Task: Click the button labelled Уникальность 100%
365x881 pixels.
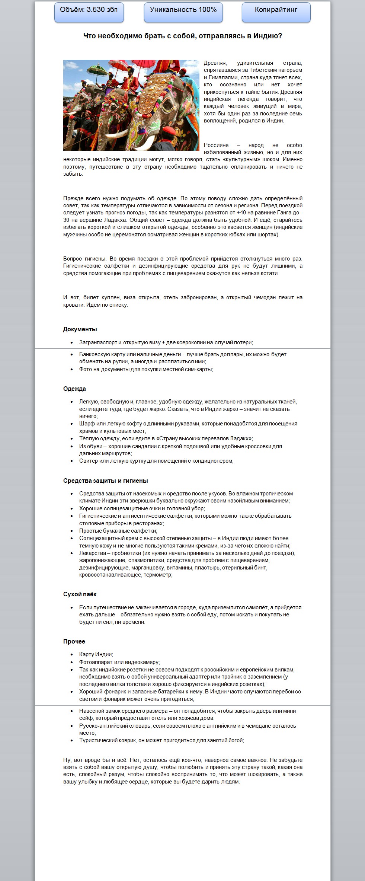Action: [x=183, y=10]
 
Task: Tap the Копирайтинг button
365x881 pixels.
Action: [x=276, y=10]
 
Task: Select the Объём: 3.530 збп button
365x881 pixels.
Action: [x=89, y=10]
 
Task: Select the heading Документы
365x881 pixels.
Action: [x=80, y=329]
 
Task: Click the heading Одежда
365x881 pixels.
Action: [x=74, y=389]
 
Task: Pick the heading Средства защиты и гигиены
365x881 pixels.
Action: [x=105, y=481]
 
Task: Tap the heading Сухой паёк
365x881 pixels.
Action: [x=80, y=594]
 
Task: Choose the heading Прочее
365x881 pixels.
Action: [x=74, y=641]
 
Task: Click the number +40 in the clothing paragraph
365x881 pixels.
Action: [x=241, y=213]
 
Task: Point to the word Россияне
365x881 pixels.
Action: [x=216, y=145]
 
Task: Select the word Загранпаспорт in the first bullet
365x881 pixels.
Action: [x=98, y=342]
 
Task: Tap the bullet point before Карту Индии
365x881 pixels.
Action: [x=72, y=654]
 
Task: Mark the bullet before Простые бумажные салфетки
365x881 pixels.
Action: [x=72, y=531]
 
